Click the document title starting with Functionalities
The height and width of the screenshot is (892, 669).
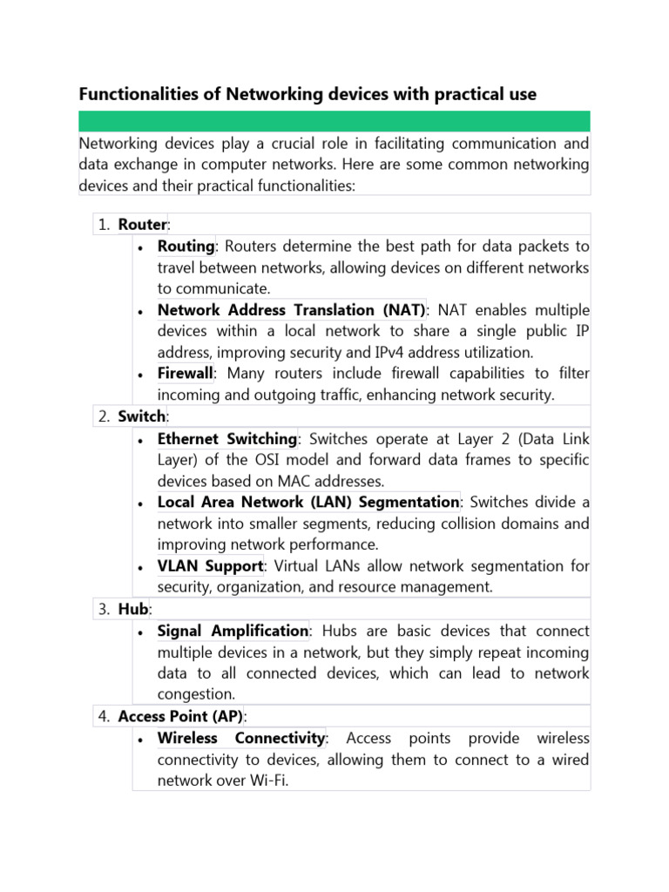(307, 93)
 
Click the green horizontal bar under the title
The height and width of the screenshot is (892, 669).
(334, 121)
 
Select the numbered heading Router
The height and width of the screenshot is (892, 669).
(142, 225)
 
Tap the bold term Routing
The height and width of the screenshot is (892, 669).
(186, 247)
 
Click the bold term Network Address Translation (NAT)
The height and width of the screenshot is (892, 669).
(291, 310)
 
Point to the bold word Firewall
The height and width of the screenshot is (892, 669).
(185, 374)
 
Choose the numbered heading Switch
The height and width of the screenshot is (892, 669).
(141, 416)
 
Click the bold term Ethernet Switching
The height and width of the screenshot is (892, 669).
(227, 438)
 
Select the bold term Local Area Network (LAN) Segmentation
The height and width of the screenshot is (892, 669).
(307, 502)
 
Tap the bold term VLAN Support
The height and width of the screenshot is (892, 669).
(210, 566)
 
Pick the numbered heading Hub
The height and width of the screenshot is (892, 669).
(133, 609)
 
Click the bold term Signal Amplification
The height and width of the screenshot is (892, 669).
(233, 631)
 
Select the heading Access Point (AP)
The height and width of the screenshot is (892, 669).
(181, 716)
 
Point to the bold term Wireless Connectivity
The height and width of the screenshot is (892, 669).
(241, 739)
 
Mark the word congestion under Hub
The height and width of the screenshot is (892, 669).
(195, 694)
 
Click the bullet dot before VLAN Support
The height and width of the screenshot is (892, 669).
(141, 567)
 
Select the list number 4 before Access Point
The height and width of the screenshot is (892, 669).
(103, 716)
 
